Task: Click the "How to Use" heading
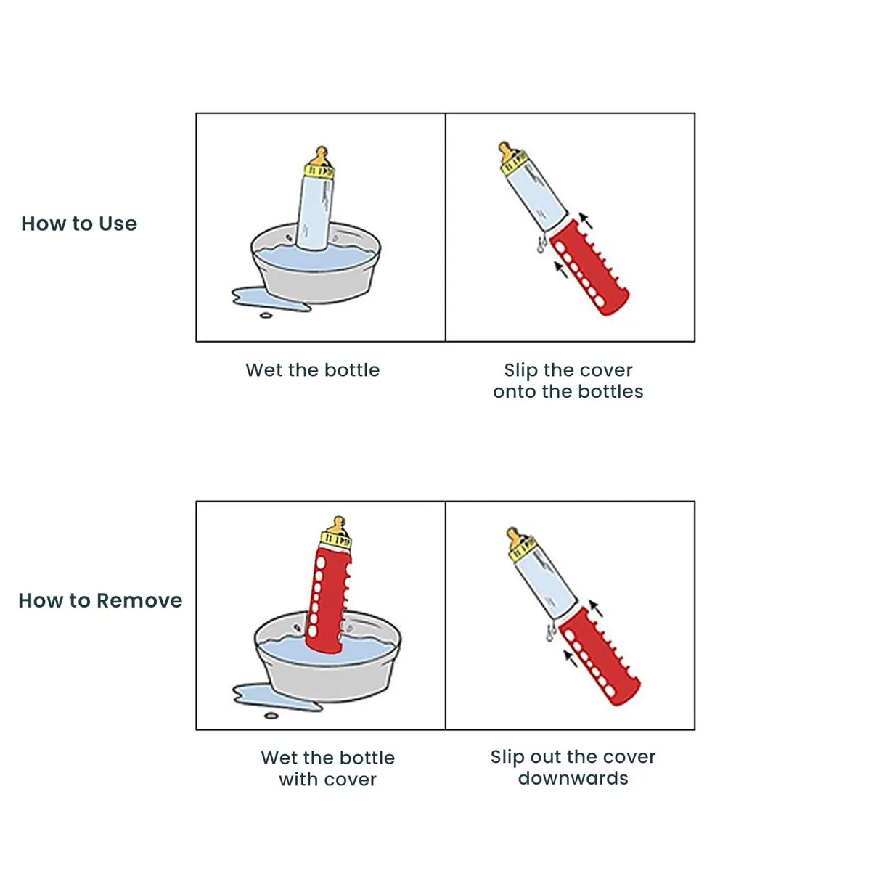click(x=79, y=224)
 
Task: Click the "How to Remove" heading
click(x=100, y=601)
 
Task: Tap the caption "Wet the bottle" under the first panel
click(x=312, y=369)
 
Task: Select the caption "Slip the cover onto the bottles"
click(x=568, y=380)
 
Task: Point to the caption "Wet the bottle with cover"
click(x=327, y=769)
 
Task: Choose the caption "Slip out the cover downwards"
click(x=573, y=768)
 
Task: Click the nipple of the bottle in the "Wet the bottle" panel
click(x=321, y=156)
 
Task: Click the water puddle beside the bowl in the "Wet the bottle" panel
click(x=270, y=299)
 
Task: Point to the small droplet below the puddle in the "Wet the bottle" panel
click(x=266, y=316)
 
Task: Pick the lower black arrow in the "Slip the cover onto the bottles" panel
click(x=561, y=269)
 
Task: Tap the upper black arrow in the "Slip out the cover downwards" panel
click(x=596, y=608)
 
